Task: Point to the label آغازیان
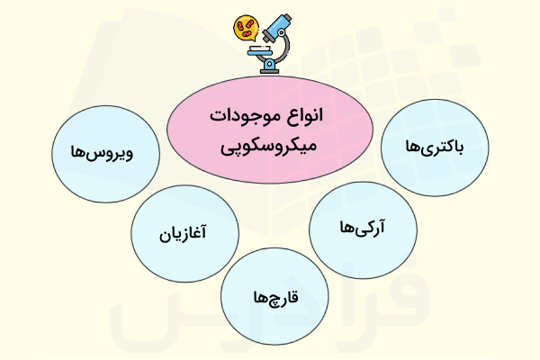(184, 237)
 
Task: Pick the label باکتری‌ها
(434, 147)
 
